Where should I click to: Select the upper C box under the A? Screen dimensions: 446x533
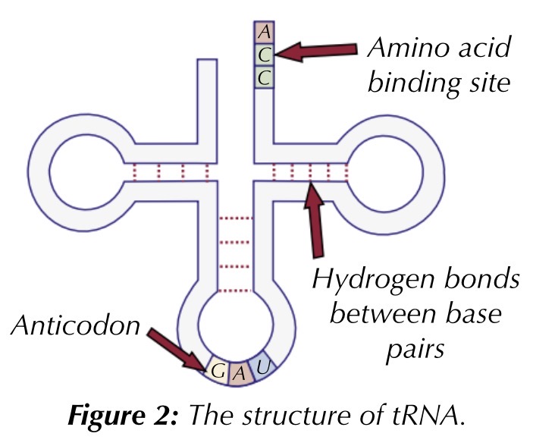(x=264, y=54)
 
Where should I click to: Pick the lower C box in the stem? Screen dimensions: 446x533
(x=264, y=77)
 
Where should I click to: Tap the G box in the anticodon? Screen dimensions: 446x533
(x=216, y=372)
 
